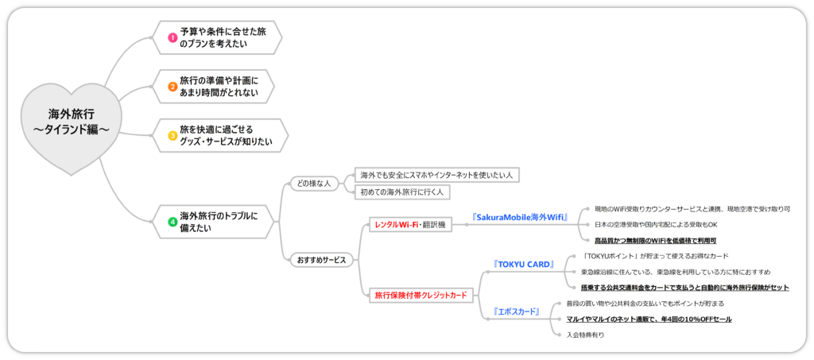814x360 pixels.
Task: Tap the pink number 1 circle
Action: [x=172, y=37]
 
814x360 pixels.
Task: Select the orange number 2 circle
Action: [x=172, y=87]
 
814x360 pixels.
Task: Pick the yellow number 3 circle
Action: [x=172, y=135]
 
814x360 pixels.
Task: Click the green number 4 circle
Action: [x=172, y=222]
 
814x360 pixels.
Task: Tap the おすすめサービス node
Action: [x=321, y=260]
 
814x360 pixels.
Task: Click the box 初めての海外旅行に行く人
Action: [x=403, y=192]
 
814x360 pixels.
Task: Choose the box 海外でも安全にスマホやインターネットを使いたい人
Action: [x=437, y=175]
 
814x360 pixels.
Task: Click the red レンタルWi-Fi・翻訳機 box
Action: [x=409, y=225]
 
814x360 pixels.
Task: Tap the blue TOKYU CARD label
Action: [x=523, y=264]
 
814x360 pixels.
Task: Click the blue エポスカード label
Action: [x=517, y=312]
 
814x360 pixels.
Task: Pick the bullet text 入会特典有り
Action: [x=586, y=335]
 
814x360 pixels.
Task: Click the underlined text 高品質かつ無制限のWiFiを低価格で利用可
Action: [x=656, y=240]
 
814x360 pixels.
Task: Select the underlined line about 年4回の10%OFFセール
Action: [x=649, y=319]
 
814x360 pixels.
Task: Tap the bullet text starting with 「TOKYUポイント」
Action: [x=656, y=257]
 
